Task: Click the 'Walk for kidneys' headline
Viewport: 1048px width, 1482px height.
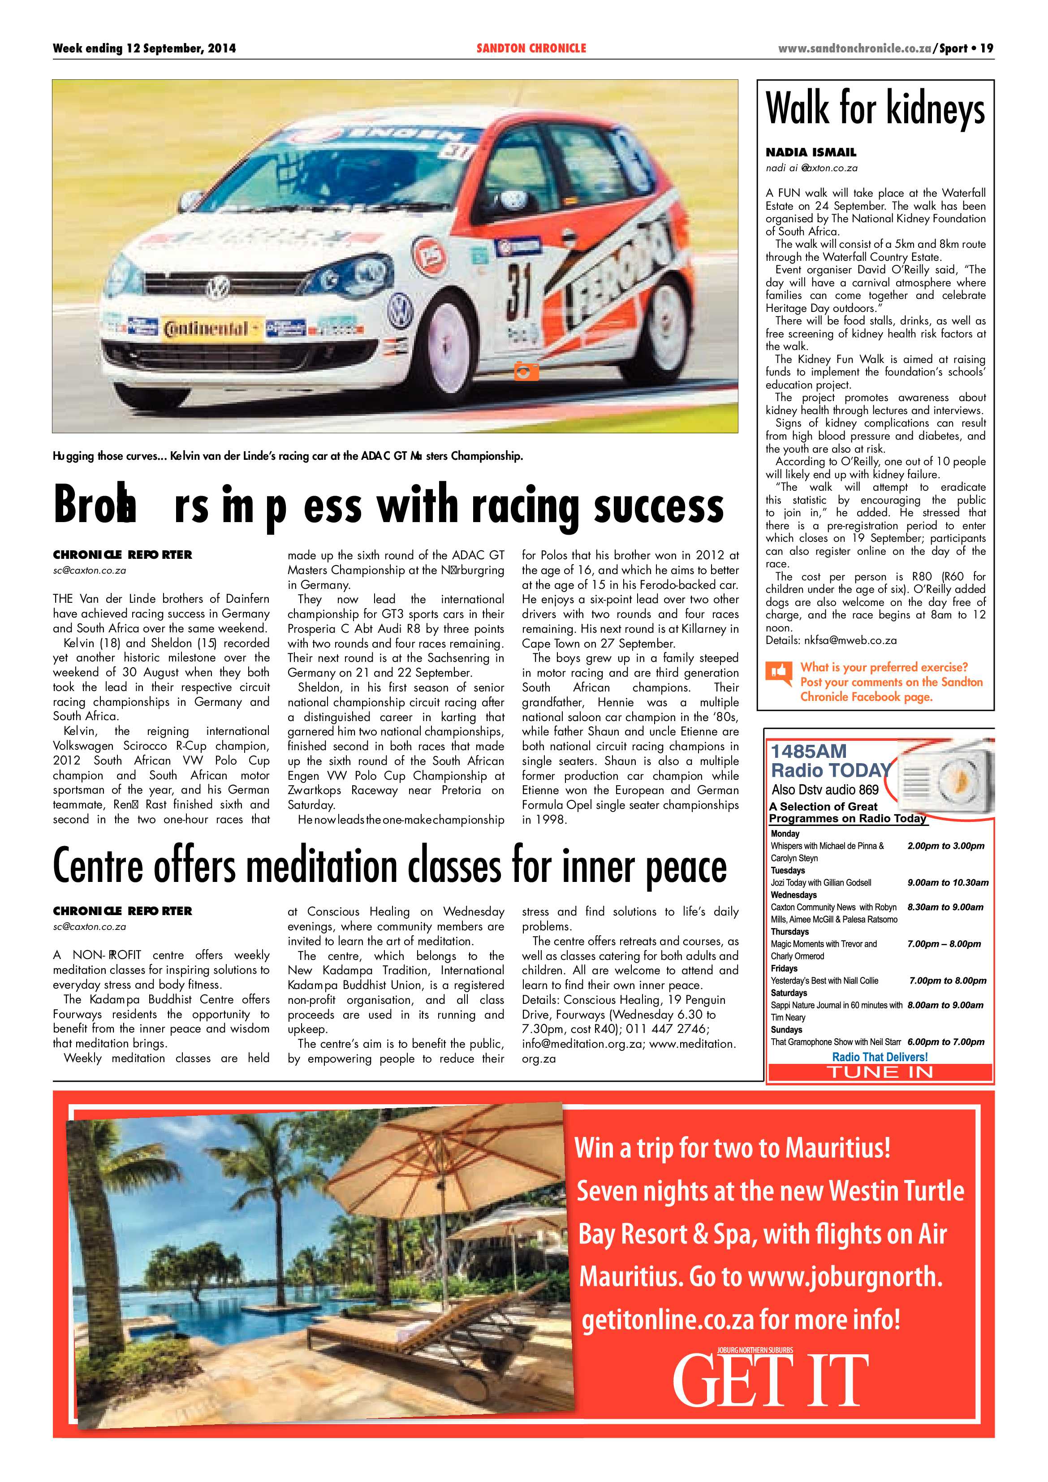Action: (x=875, y=108)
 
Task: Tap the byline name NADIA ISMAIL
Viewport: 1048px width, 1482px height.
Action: (x=811, y=152)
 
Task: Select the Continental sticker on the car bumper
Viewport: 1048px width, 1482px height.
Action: (x=211, y=328)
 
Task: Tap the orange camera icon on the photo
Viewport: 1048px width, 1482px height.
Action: (x=526, y=372)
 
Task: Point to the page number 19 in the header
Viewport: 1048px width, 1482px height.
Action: (x=986, y=48)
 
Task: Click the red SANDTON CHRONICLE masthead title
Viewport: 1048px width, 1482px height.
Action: (x=531, y=48)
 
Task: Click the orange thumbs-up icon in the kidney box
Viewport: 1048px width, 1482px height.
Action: (x=779, y=672)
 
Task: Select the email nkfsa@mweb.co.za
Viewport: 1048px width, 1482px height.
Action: (x=850, y=640)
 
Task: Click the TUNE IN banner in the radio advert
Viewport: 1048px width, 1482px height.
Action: (x=879, y=1072)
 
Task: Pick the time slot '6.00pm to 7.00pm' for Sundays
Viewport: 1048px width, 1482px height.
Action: (x=945, y=1042)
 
